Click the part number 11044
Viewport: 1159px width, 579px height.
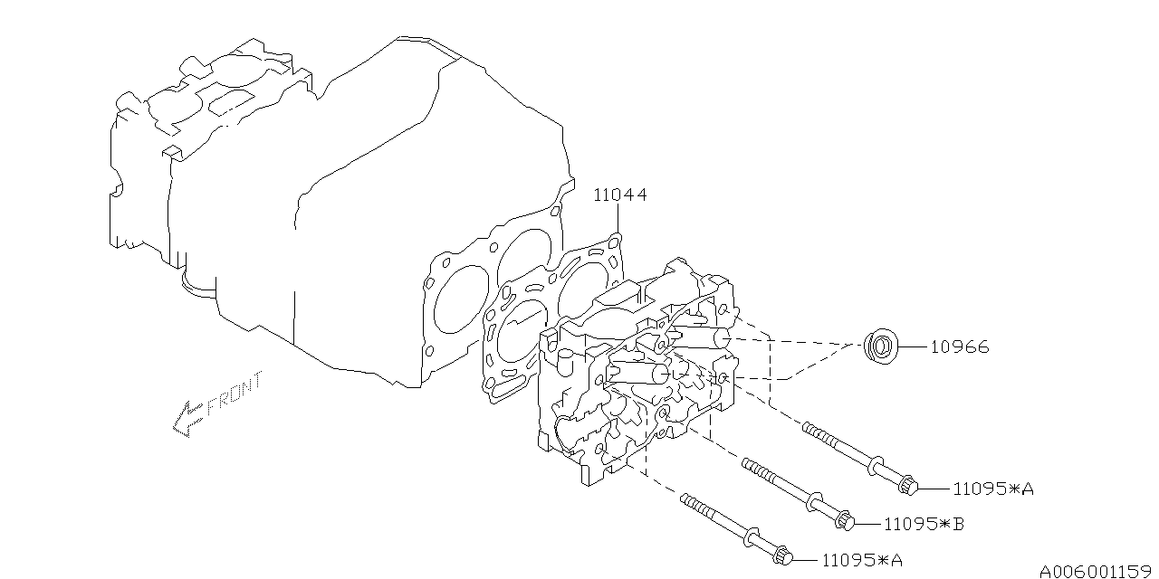tap(619, 195)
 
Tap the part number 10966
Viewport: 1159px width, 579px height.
tap(960, 346)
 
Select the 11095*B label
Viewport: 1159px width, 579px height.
tap(924, 524)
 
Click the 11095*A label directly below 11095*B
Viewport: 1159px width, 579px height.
tap(863, 560)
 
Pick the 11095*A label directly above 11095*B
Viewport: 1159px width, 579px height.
tap(993, 489)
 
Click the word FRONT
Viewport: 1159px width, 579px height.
tap(235, 394)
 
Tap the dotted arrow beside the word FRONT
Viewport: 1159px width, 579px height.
tap(187, 419)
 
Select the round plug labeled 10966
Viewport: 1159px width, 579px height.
tap(881, 346)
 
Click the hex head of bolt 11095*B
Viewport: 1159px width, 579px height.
tap(845, 520)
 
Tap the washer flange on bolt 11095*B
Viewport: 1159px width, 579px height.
tap(814, 501)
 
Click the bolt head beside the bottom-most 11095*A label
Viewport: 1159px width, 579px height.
tap(783, 555)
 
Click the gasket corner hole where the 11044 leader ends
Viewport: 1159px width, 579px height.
tap(615, 240)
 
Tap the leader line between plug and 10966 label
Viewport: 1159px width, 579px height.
tap(915, 346)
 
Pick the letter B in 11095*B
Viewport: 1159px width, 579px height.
tap(958, 524)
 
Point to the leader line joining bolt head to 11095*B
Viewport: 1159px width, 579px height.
tap(868, 524)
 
